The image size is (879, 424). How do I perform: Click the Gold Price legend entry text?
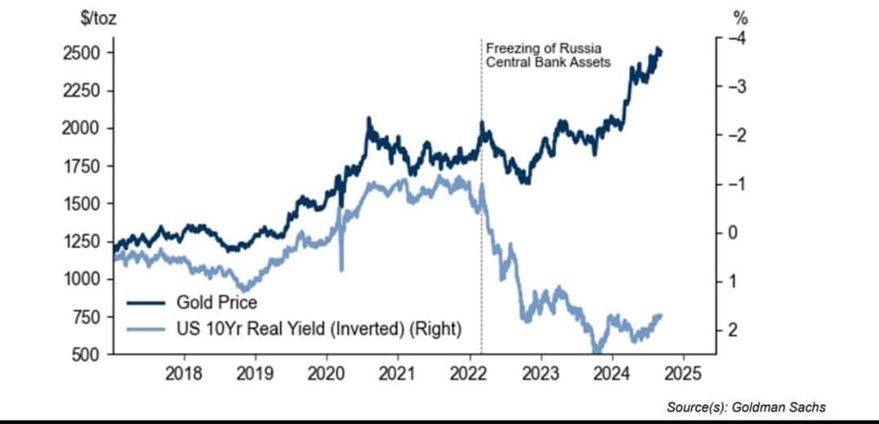tap(216, 303)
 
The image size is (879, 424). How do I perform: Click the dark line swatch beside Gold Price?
tap(146, 303)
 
